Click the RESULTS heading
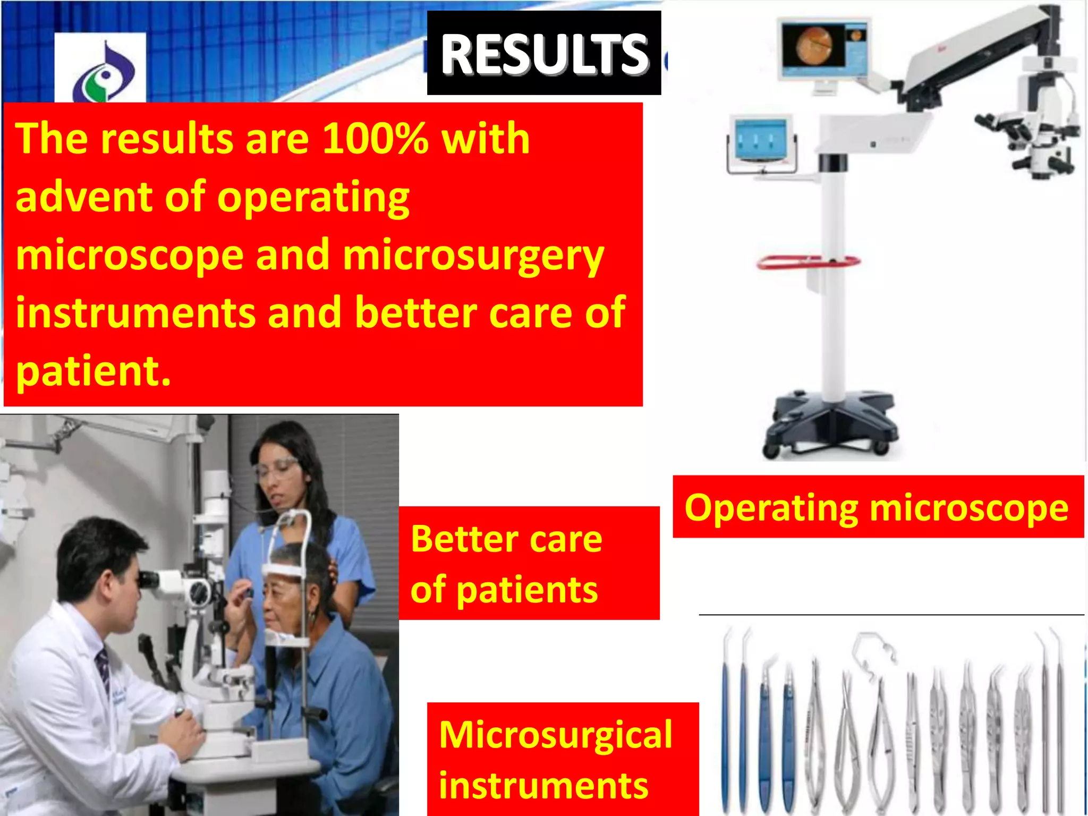[544, 53]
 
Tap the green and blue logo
[104, 72]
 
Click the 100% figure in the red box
[375, 139]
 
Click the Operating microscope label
[877, 507]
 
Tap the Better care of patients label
[507, 564]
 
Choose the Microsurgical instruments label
[555, 759]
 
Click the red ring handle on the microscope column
[807, 262]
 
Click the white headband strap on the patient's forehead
[287, 571]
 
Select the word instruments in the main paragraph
[135, 313]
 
